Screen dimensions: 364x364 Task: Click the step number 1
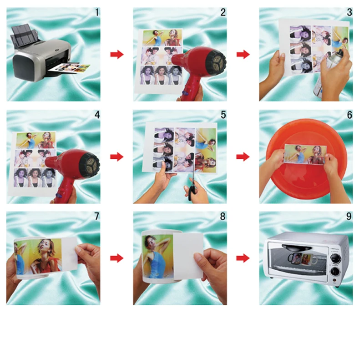click(x=97, y=13)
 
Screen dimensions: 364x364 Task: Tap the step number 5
click(x=223, y=115)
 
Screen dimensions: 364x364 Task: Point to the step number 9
click(x=349, y=217)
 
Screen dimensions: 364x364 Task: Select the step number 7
click(x=97, y=217)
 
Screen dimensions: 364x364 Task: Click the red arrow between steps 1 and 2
click(x=117, y=55)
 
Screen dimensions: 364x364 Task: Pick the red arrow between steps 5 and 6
click(x=243, y=157)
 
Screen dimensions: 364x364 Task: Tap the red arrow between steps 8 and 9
click(x=243, y=258)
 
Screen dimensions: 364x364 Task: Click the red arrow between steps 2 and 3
click(x=243, y=55)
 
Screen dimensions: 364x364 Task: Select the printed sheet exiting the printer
click(x=70, y=69)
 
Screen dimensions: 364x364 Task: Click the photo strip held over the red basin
click(x=304, y=154)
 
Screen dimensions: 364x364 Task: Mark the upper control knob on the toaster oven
click(x=335, y=258)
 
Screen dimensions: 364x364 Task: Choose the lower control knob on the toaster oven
click(x=335, y=271)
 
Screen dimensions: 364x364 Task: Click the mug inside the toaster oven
click(x=302, y=258)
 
